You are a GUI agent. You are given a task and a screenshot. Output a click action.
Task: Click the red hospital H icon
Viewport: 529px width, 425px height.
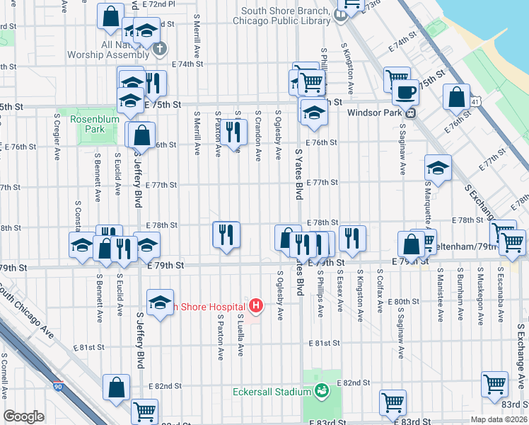tap(257, 306)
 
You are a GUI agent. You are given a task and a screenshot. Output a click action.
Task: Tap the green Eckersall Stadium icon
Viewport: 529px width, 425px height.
tap(322, 390)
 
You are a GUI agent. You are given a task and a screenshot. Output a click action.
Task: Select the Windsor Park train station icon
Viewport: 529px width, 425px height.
tap(409, 112)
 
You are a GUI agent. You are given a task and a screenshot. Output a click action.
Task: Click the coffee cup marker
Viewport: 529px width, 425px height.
tap(405, 93)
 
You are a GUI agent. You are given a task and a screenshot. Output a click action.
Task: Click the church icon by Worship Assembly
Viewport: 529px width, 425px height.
tap(161, 49)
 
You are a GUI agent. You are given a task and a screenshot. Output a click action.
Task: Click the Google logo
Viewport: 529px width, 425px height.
tap(24, 416)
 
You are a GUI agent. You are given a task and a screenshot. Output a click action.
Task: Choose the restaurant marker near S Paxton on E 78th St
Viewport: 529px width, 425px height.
tap(226, 234)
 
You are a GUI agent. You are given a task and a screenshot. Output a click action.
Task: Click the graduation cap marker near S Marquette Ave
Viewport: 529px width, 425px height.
tap(438, 169)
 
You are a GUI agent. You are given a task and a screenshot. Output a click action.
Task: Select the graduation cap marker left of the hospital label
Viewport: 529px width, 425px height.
tap(161, 302)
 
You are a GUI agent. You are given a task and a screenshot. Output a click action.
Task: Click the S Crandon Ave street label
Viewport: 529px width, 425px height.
tap(259, 134)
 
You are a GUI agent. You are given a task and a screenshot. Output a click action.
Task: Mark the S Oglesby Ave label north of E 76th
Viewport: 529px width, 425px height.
tap(279, 134)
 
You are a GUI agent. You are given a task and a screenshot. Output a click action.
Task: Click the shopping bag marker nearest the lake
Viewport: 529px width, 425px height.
tap(457, 97)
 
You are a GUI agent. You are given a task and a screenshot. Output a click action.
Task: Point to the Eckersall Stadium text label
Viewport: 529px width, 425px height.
tap(273, 392)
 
